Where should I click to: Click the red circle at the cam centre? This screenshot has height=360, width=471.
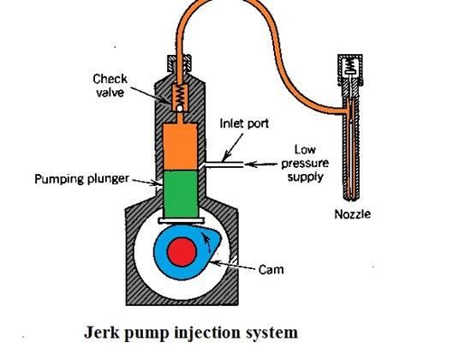[182, 252]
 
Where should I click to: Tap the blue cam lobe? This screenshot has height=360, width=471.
[186, 253]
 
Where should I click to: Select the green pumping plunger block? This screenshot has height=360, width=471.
[181, 194]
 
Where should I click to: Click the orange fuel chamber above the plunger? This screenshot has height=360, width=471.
[180, 147]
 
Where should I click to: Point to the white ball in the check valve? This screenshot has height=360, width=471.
[179, 108]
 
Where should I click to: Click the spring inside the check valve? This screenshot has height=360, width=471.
[179, 95]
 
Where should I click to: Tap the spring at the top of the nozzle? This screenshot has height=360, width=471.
[349, 64]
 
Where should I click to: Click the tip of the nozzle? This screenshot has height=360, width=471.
[350, 200]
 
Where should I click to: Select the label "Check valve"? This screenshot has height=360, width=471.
[110, 86]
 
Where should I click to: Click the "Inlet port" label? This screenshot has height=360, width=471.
[244, 123]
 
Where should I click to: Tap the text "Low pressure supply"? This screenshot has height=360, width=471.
[305, 163]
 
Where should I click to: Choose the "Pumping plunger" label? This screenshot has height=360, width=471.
[81, 179]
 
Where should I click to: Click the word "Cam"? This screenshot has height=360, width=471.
[271, 269]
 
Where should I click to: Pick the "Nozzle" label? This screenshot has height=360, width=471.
[352, 214]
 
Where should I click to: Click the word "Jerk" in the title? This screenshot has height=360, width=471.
[101, 333]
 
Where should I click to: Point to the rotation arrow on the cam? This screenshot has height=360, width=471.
[206, 242]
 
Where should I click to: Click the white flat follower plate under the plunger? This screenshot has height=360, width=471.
[182, 221]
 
